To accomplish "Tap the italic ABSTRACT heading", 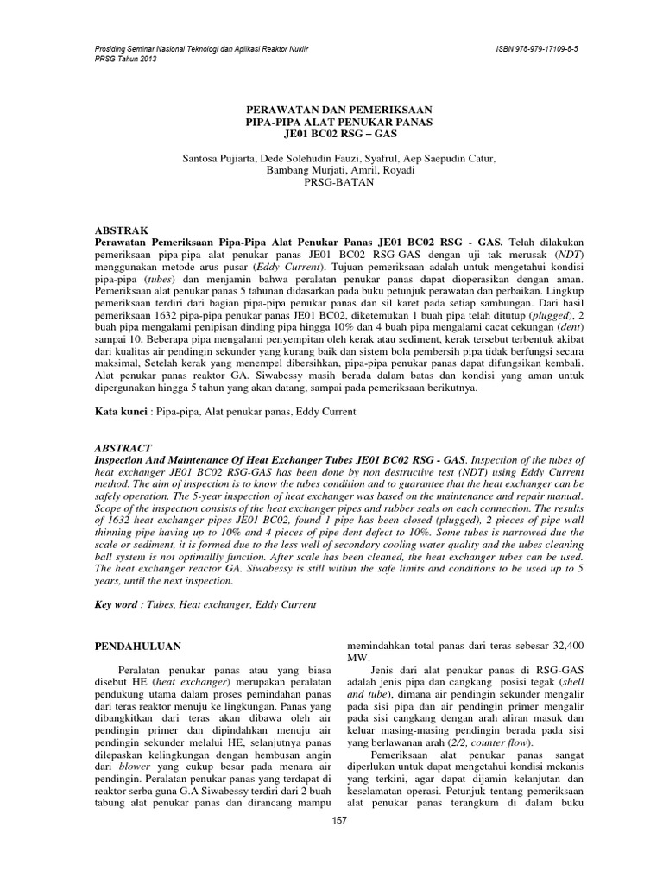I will click(123, 448).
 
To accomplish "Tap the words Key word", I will click(117, 605).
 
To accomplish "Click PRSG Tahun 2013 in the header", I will click(126, 62).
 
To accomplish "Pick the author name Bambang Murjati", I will click(297, 171).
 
